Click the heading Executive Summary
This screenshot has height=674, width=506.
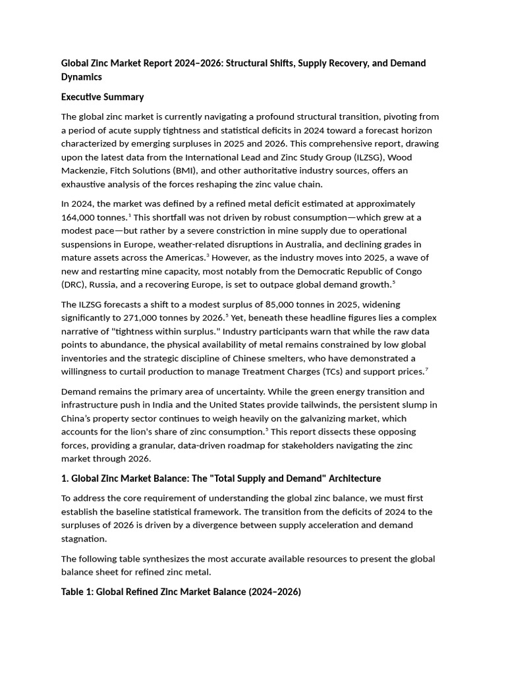pos(102,97)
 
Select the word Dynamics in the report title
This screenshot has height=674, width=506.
pos(82,76)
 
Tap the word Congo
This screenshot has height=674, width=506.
pos(408,271)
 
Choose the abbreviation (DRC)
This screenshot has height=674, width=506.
pos(74,284)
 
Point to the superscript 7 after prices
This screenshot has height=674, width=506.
pos(427,369)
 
